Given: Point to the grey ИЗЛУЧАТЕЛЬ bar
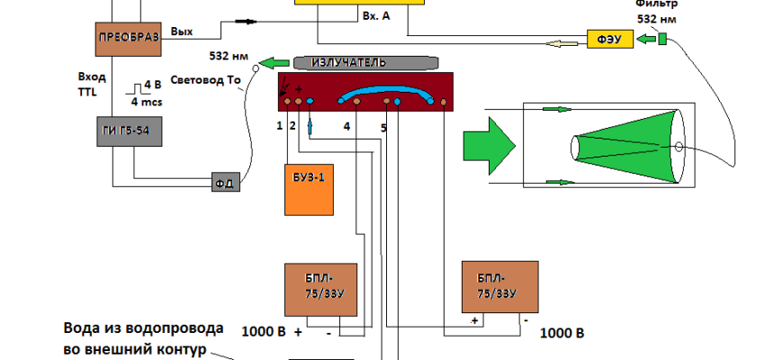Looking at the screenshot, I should pyautogui.click(x=364, y=62).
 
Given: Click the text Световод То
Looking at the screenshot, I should pyautogui.click(x=210, y=79).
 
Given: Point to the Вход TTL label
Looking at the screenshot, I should pyautogui.click(x=94, y=85).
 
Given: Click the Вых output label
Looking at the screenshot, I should pyautogui.click(x=181, y=31).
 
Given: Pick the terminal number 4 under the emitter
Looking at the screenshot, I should pyautogui.click(x=346, y=127).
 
